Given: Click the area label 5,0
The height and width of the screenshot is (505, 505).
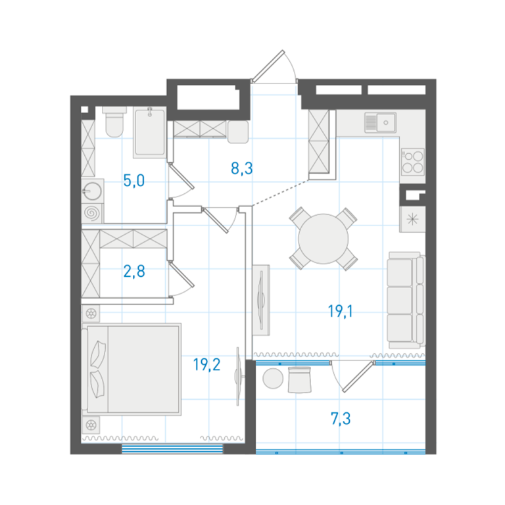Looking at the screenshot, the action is (x=134, y=181).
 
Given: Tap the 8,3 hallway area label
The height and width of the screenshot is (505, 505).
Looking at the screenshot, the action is (x=242, y=168).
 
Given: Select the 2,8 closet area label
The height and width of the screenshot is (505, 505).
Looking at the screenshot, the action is (x=134, y=271).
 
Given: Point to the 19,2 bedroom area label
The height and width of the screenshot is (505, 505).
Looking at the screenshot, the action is (x=206, y=364).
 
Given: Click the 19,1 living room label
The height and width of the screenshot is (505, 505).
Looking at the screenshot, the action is (x=341, y=312).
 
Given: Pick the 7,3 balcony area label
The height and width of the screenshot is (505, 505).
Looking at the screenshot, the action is (x=341, y=419).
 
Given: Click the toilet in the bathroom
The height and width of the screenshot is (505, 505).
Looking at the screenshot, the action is (x=114, y=122).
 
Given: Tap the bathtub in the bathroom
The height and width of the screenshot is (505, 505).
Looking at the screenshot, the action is (x=150, y=132).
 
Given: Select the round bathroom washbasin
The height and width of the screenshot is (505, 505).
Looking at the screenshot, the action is (x=93, y=191).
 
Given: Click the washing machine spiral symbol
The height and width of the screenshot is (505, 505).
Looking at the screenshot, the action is (x=91, y=213).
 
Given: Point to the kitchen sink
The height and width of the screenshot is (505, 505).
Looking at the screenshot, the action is (x=380, y=122).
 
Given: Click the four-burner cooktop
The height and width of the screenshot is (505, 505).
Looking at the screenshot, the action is (x=413, y=162).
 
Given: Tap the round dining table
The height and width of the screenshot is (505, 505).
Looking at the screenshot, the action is (x=324, y=239).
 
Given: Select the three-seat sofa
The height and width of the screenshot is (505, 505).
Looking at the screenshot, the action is (x=406, y=300).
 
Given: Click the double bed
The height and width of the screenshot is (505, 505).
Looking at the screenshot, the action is (x=131, y=369).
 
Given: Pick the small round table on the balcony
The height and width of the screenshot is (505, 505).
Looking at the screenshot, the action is (x=273, y=379).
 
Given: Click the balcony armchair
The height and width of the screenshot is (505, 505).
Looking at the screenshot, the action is (x=300, y=380).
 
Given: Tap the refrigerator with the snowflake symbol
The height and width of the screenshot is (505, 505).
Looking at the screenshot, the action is (x=412, y=220).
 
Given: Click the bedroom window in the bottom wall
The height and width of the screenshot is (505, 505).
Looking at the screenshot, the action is (x=172, y=448).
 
